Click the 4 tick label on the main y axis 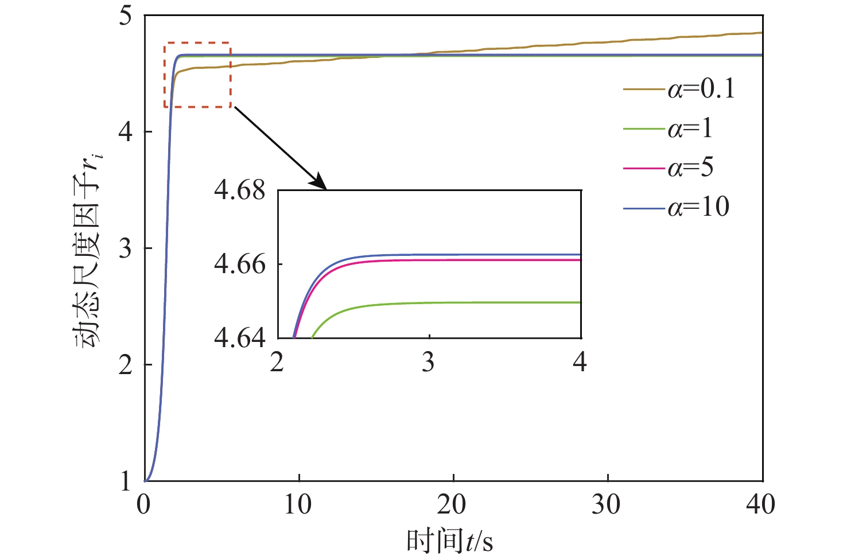pyautogui.click(x=126, y=132)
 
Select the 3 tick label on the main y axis pyautogui.click(x=126, y=248)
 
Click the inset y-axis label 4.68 pyautogui.click(x=240, y=190)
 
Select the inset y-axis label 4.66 pyautogui.click(x=240, y=265)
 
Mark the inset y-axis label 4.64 pyautogui.click(x=240, y=338)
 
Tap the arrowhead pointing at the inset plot pyautogui.click(x=319, y=183)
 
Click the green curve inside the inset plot pyautogui.click(x=459, y=302)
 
